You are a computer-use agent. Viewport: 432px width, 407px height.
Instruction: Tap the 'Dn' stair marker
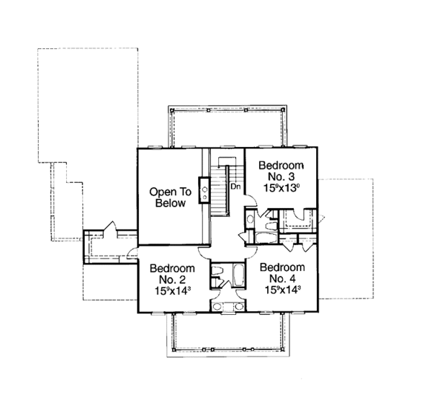pyautogui.click(x=234, y=186)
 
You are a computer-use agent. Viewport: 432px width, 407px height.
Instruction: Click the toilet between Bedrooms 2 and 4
pyautogui.click(x=217, y=272)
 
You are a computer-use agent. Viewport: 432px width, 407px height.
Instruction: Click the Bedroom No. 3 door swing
pyautogui.click(x=246, y=192)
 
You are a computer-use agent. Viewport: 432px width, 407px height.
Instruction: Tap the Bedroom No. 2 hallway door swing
pyautogui.click(x=204, y=252)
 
